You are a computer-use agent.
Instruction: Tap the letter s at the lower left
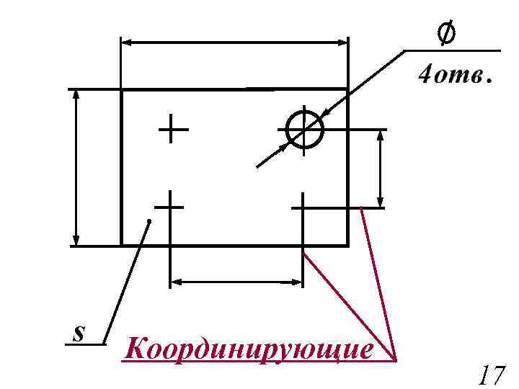pyautogui.click(x=79, y=333)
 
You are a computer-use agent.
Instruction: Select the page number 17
pyautogui.click(x=491, y=375)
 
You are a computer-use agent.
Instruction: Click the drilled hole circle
pyautogui.click(x=304, y=130)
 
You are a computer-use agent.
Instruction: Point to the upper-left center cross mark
pyautogui.click(x=172, y=130)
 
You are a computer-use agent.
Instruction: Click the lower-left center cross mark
pyautogui.click(x=170, y=207)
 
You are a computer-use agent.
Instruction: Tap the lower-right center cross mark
pyautogui.click(x=303, y=207)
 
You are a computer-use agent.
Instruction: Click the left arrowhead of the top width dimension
pyautogui.click(x=128, y=43)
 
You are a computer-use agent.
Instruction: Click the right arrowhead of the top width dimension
pyautogui.click(x=342, y=43)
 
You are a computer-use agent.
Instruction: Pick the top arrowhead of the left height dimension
pyautogui.click(x=76, y=96)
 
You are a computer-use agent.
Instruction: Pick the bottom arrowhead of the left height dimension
pyautogui.click(x=76, y=239)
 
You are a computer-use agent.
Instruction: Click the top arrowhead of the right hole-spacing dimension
pyautogui.click(x=381, y=137)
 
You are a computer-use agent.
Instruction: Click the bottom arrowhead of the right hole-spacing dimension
pyautogui.click(x=381, y=202)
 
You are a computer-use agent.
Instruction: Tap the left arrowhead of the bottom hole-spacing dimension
pyautogui.click(x=176, y=282)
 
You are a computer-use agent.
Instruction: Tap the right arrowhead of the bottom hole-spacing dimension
pyautogui.click(x=296, y=282)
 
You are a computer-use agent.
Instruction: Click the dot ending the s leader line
pyautogui.click(x=148, y=220)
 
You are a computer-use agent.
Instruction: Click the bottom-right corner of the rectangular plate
pyautogui.click(x=347, y=245)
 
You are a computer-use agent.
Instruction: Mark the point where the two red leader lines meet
pyautogui.click(x=396, y=358)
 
